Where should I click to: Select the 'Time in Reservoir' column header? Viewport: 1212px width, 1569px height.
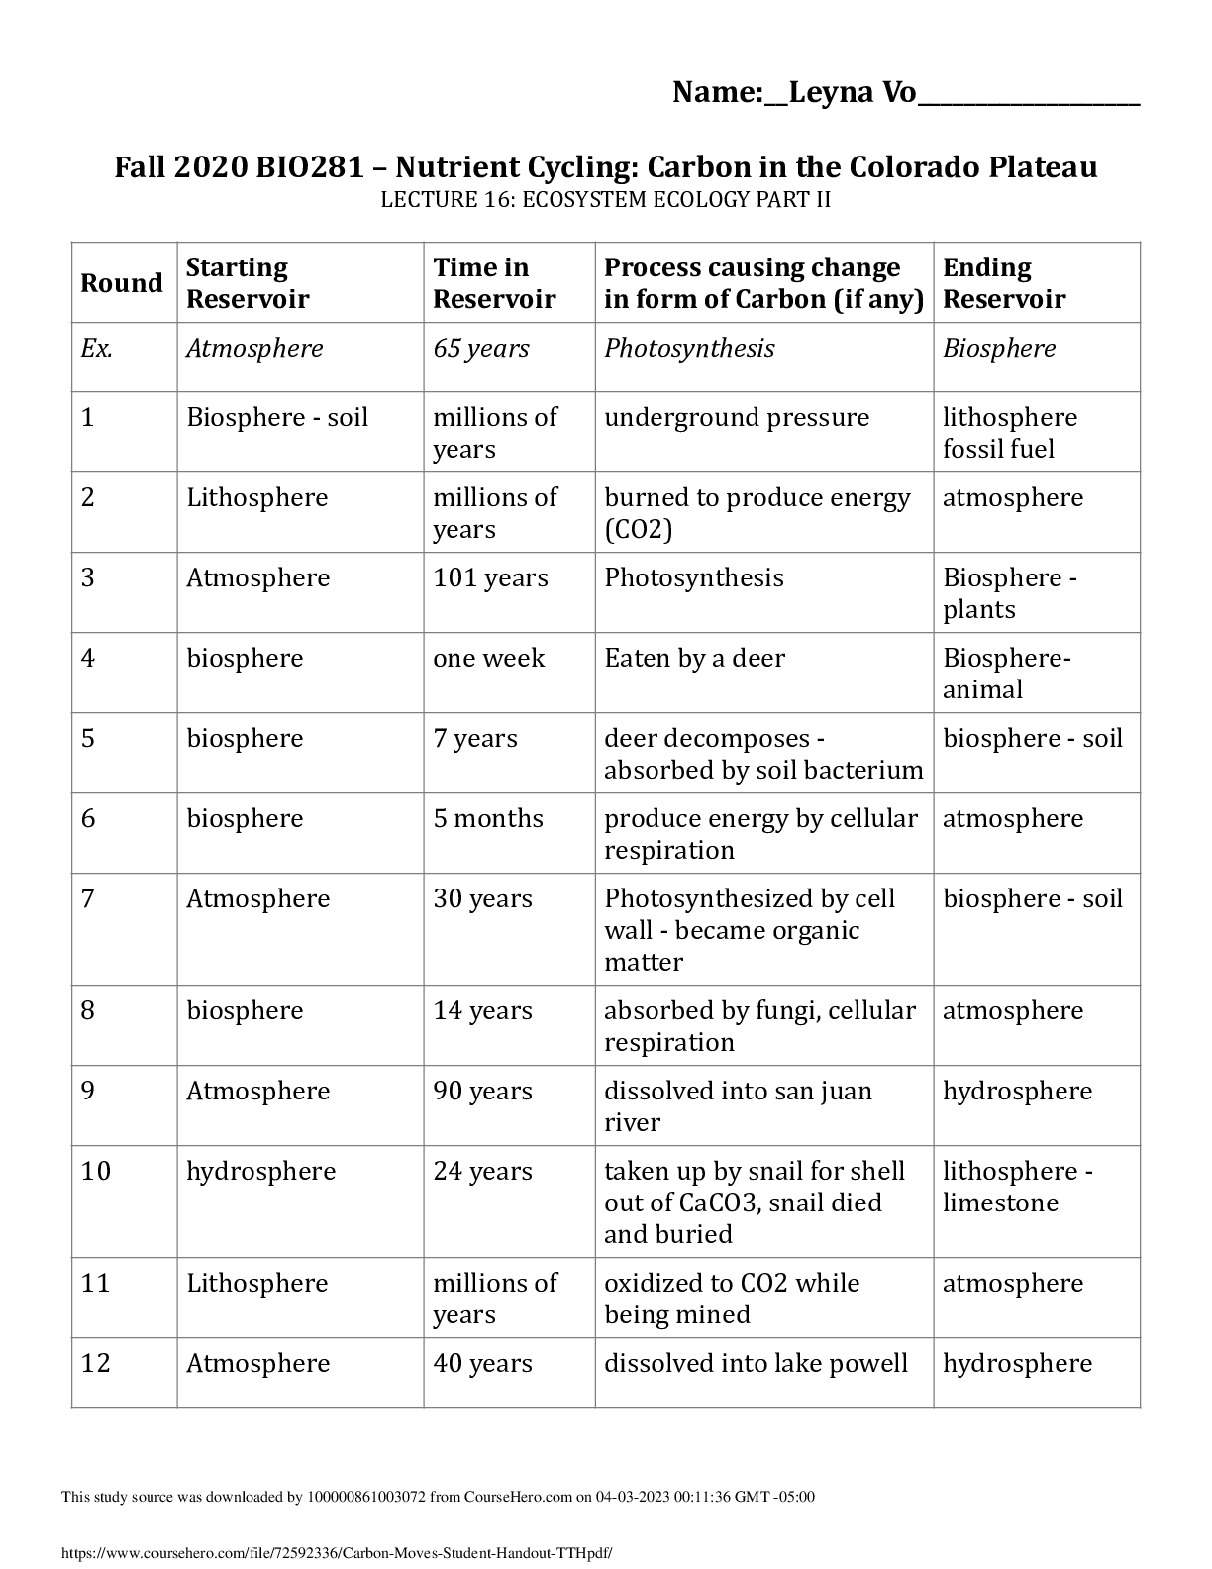(x=494, y=283)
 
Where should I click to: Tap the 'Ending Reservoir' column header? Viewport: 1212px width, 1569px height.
(x=1004, y=283)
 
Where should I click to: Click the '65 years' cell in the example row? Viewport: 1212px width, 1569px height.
(x=481, y=349)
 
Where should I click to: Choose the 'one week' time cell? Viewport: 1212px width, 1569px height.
(x=488, y=659)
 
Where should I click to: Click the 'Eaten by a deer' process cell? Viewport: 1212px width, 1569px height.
(x=694, y=659)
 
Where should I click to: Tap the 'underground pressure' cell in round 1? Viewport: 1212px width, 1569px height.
(x=737, y=418)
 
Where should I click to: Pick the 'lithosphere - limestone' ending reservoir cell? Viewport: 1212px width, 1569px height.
(x=1017, y=1187)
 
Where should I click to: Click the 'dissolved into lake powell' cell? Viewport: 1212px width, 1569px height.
(x=756, y=1364)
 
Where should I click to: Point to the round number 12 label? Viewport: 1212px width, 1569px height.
(x=95, y=1364)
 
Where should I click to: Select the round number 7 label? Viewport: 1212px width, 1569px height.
(x=88, y=899)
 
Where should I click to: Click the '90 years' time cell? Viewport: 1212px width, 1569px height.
(x=482, y=1092)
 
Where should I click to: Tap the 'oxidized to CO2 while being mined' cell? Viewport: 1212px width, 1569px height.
(x=732, y=1299)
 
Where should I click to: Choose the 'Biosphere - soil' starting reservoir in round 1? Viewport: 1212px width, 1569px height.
(x=277, y=418)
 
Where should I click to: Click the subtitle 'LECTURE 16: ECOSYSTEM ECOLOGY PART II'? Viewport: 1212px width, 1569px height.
(x=606, y=200)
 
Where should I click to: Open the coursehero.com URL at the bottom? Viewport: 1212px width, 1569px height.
(x=337, y=1553)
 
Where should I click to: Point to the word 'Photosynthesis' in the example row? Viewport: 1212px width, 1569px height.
(x=689, y=349)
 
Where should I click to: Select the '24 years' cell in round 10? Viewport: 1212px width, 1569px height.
(x=482, y=1172)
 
